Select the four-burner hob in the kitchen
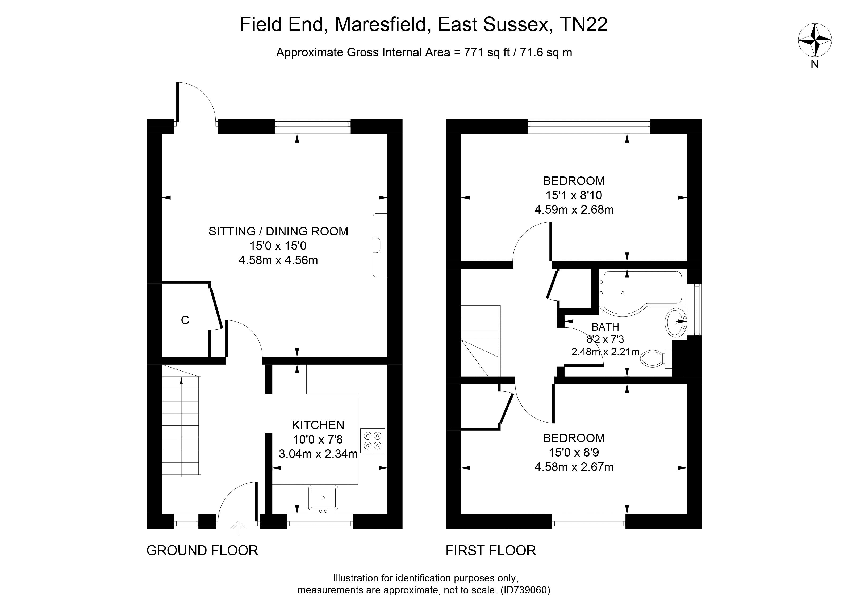click(x=372, y=441)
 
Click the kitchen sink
click(x=323, y=498)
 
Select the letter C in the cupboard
click(x=185, y=320)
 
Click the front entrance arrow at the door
click(x=238, y=528)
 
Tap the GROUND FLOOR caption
click(x=202, y=551)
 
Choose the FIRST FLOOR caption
click(x=491, y=551)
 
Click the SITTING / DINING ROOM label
click(x=278, y=232)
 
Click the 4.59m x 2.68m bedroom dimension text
click(x=574, y=210)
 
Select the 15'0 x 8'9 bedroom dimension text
click(x=574, y=453)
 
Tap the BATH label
click(x=605, y=327)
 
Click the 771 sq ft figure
click(x=487, y=53)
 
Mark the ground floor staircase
click(x=181, y=426)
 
